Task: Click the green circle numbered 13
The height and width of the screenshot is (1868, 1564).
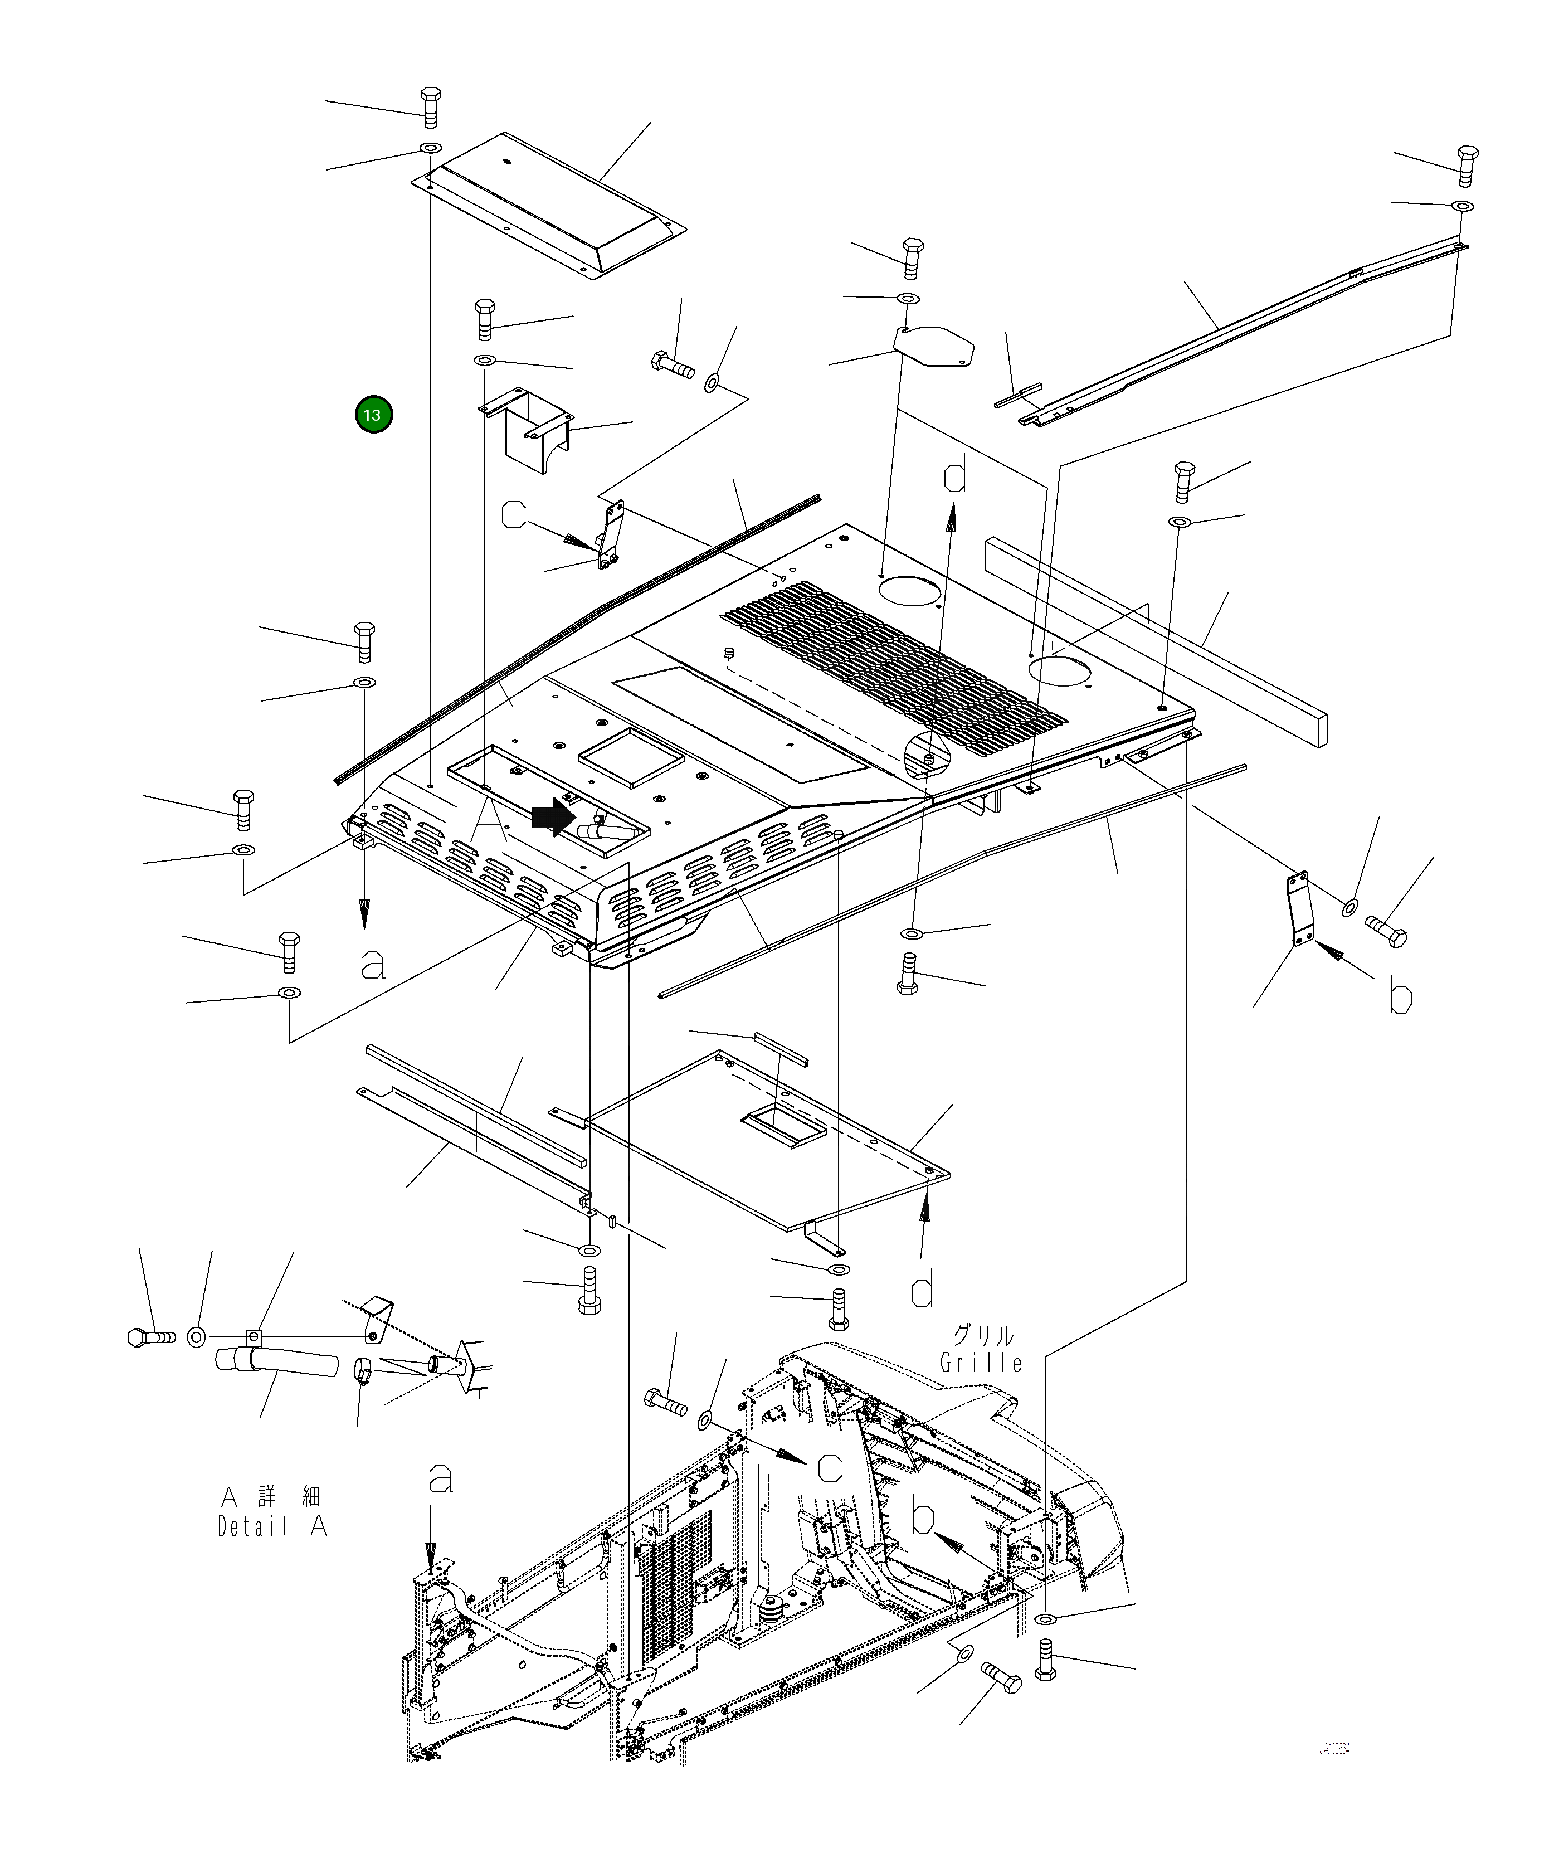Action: (x=373, y=415)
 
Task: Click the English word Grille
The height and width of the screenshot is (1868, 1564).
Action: (x=980, y=1362)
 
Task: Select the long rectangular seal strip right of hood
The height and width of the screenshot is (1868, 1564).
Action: (x=1156, y=640)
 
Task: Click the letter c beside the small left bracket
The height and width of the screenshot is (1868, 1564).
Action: (x=514, y=515)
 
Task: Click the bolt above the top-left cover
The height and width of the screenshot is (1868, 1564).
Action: (x=430, y=108)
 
